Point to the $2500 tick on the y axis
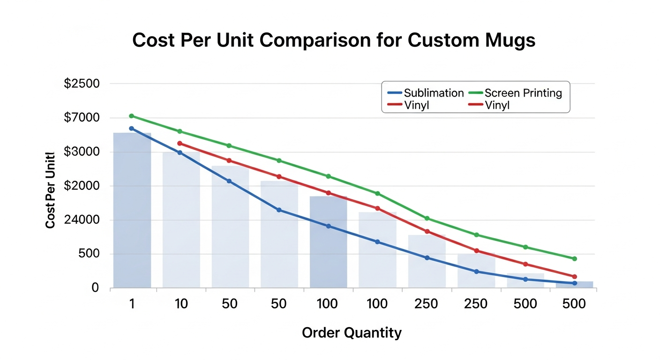tap(82, 84)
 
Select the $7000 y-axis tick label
tap(82, 118)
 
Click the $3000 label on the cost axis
tap(82, 152)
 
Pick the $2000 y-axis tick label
tap(82, 186)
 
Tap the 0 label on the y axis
tap(95, 288)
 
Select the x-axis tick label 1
tap(132, 304)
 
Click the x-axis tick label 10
tap(181, 304)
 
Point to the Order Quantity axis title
tap(352, 333)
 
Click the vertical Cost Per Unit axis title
tap(51, 190)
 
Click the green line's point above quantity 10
tap(180, 131)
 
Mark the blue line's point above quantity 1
tap(131, 128)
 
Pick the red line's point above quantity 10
tap(180, 143)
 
